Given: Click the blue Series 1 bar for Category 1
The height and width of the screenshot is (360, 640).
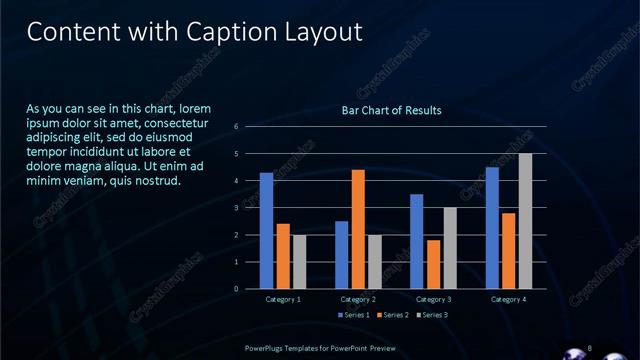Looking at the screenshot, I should tap(266, 230).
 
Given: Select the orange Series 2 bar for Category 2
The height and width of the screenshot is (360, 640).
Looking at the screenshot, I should tap(358, 229).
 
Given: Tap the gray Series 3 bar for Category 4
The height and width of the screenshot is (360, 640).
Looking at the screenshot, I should tap(525, 221).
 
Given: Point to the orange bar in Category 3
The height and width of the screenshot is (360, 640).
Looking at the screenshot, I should tap(433, 264).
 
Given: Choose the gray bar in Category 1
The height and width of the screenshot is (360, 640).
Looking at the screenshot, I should tap(299, 261).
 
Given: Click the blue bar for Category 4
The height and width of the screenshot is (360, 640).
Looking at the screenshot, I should tap(492, 227).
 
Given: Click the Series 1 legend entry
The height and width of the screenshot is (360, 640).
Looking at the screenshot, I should tap(354, 315).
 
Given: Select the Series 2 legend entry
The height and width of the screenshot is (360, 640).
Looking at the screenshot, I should tap(392, 315).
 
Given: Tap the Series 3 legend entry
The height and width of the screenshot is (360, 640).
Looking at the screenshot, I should tap(431, 315).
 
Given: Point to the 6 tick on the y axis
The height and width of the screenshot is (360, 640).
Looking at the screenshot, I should tap(236, 127).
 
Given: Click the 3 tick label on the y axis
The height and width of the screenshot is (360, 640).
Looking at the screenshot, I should tap(236, 208).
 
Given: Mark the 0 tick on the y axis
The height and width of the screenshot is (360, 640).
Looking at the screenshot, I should tap(236, 289).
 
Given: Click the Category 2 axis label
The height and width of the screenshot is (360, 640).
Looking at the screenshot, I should tap(358, 299).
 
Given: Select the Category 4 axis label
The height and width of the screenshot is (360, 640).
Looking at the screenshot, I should tap(508, 299).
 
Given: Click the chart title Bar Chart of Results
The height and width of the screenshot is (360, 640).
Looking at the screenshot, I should tap(392, 110).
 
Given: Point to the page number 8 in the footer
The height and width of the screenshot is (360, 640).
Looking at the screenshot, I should tap(590, 347).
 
